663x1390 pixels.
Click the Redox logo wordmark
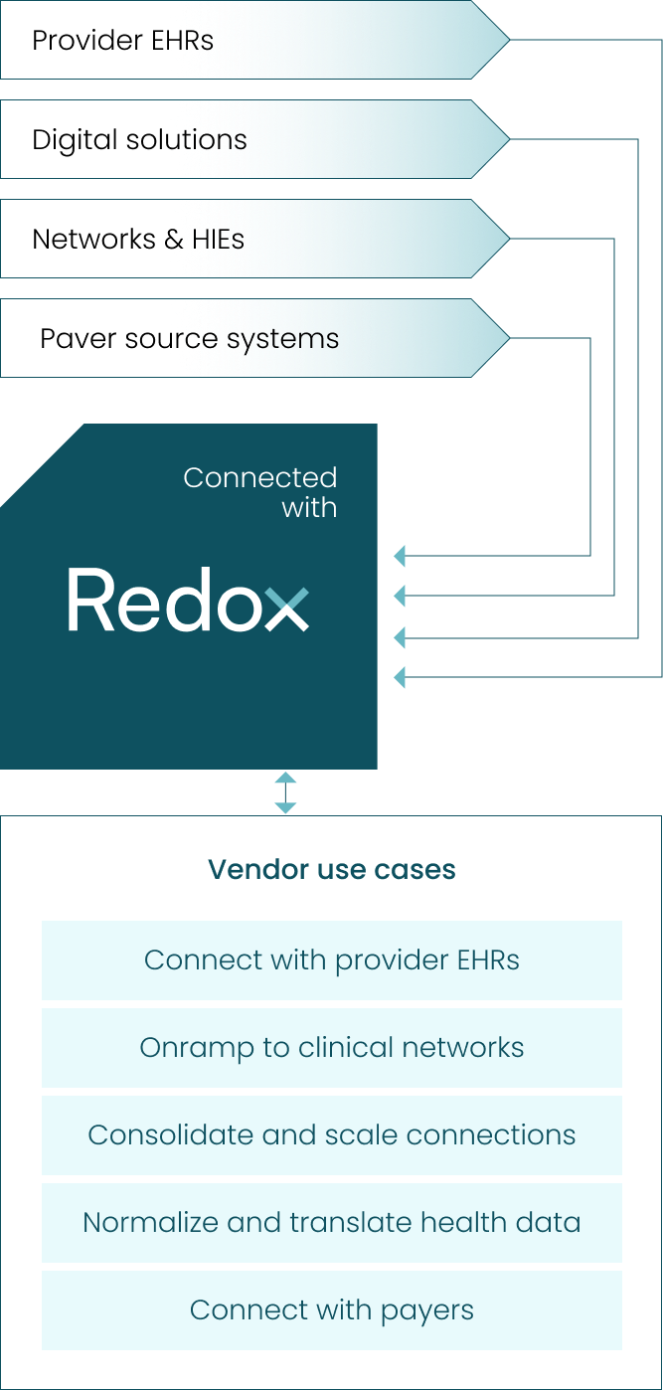click(188, 600)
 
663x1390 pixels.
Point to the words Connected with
click(260, 492)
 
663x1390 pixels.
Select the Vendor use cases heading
click(332, 870)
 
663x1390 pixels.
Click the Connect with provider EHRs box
click(332, 960)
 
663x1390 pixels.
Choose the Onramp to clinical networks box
click(332, 1048)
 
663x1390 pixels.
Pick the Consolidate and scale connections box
click(332, 1135)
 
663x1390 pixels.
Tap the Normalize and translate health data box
click(332, 1223)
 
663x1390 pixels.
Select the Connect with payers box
click(332, 1310)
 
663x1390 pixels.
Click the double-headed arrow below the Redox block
click(285, 792)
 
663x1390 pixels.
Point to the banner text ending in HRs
click(191, 41)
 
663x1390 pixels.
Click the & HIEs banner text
click(206, 240)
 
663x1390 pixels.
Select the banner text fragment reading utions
click(207, 140)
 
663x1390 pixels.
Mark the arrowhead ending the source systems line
click(400, 556)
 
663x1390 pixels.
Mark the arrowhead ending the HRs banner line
click(400, 677)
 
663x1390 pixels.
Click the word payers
click(428, 1311)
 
